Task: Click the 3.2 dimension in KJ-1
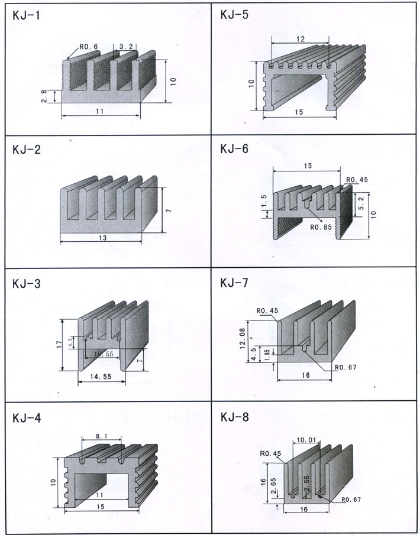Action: click(x=125, y=46)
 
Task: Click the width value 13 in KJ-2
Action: click(x=102, y=238)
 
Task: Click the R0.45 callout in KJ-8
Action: click(x=269, y=454)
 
